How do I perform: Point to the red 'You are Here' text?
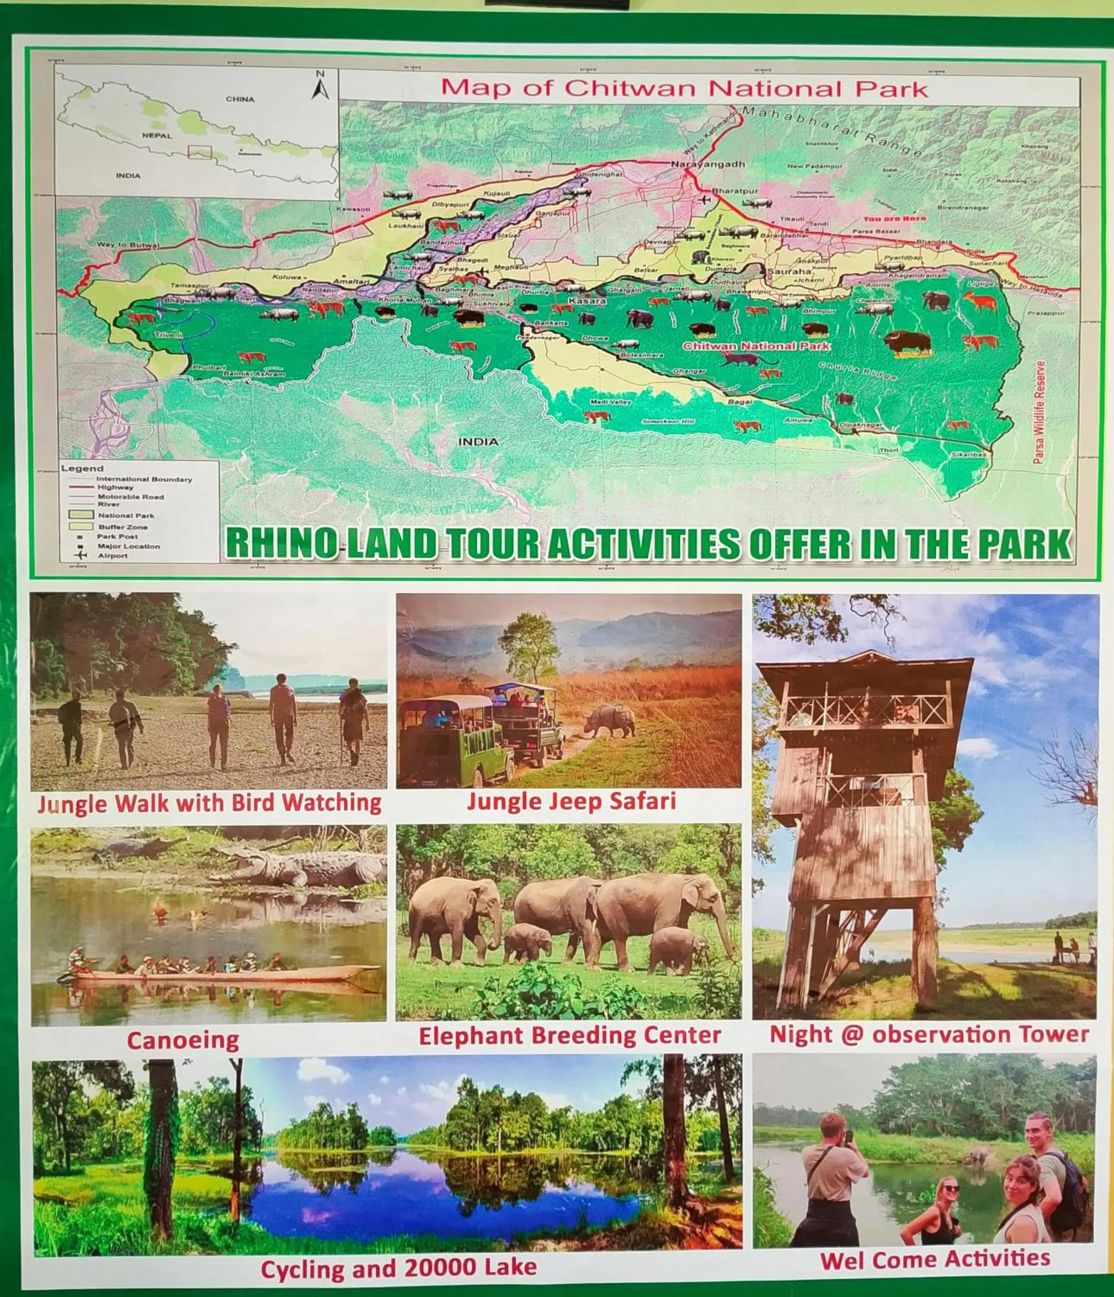click(x=894, y=218)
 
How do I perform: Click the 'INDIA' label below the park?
click(x=478, y=442)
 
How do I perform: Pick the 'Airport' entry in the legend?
click(x=112, y=555)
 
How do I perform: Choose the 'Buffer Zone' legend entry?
click(x=123, y=527)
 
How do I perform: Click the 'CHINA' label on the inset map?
click(x=240, y=99)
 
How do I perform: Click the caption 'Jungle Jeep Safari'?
click(x=572, y=801)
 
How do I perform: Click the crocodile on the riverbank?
click(x=301, y=866)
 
